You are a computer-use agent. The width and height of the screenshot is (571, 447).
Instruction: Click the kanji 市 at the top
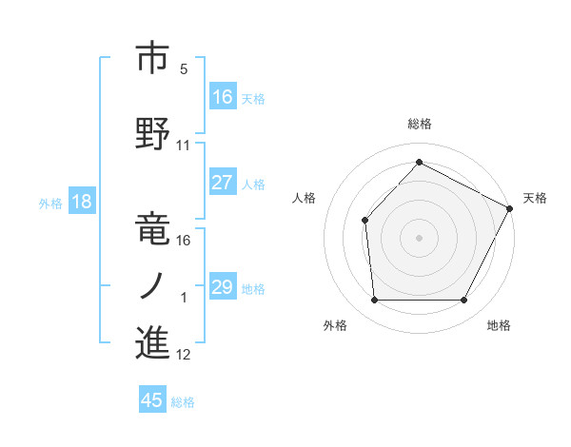tap(152, 58)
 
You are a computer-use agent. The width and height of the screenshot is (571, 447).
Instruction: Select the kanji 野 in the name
tap(152, 130)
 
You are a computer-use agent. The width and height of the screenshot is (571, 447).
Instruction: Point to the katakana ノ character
tap(152, 284)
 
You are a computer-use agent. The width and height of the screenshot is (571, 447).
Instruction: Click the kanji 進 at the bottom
tap(152, 342)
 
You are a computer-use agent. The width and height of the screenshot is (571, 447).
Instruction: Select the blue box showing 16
tap(223, 97)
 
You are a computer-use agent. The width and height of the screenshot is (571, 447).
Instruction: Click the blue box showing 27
tap(223, 183)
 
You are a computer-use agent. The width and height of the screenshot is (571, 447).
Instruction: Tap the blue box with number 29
tap(223, 287)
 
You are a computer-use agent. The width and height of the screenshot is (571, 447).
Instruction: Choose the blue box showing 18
tap(81, 202)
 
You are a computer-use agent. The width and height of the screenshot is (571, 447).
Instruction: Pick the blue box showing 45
tap(152, 400)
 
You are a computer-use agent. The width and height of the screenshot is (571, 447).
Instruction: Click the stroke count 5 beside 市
tap(184, 68)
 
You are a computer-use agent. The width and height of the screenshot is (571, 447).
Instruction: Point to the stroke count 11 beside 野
tap(184, 145)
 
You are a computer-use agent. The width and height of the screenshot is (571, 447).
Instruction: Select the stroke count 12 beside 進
tap(184, 355)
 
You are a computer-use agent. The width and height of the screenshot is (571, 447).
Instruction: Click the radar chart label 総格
tap(420, 124)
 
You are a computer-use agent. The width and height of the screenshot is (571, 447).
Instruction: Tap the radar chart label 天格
tap(535, 198)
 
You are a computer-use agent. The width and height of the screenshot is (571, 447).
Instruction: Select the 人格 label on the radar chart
tap(305, 198)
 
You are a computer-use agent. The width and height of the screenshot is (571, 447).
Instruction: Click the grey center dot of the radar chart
tap(420, 237)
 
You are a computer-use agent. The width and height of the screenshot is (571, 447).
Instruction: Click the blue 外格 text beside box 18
tap(50, 203)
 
